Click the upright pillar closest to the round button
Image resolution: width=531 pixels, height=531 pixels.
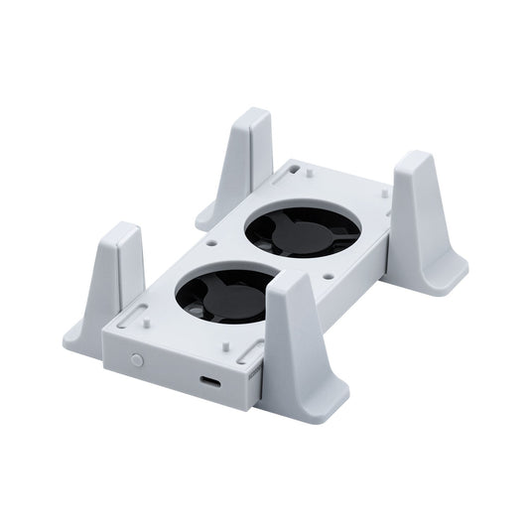point(118,268)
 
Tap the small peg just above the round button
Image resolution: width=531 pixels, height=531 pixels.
point(146,321)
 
